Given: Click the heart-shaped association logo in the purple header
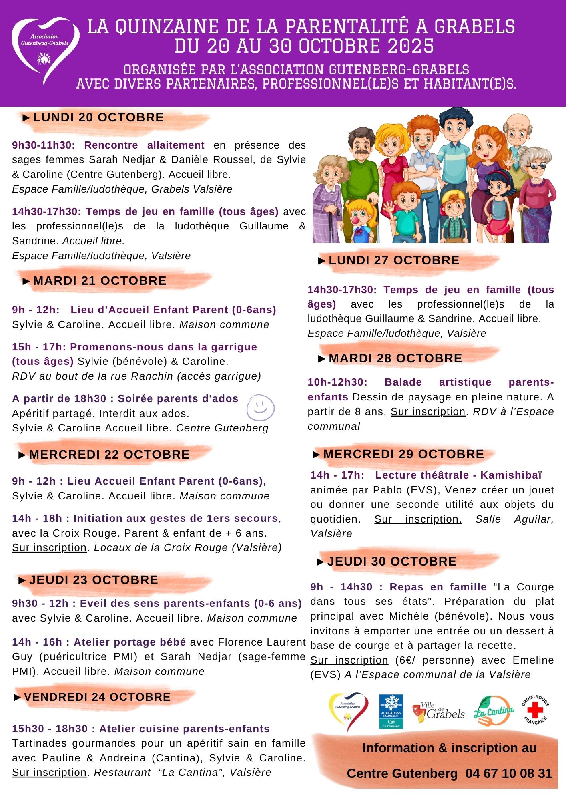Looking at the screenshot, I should click(x=45, y=50).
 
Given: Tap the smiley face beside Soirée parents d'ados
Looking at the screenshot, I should click(x=260, y=408).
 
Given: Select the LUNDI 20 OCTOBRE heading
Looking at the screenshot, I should click(x=98, y=117).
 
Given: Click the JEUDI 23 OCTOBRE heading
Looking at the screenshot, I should click(x=93, y=580).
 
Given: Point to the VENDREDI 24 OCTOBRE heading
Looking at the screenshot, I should click(x=97, y=697).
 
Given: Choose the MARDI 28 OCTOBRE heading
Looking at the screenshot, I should click(x=395, y=358).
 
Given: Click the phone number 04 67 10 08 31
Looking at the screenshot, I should click(x=509, y=773).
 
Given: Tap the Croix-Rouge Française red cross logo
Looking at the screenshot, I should click(x=535, y=711).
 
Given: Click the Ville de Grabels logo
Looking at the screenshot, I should click(x=438, y=712).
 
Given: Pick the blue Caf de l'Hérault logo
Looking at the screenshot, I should click(x=391, y=711).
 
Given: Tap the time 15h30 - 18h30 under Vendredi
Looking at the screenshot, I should click(x=50, y=729).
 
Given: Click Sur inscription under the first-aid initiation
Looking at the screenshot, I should click(x=49, y=547).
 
